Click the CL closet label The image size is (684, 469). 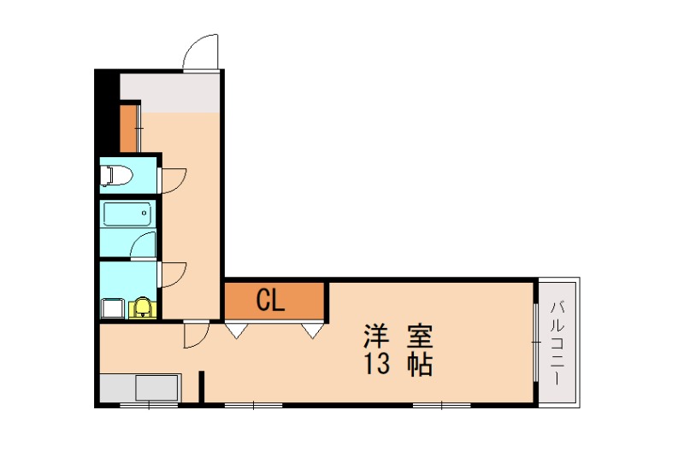271,300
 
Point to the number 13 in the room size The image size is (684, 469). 377,365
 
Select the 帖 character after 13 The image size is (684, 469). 418,365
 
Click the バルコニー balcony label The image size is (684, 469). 557,342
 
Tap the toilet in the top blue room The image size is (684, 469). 117,176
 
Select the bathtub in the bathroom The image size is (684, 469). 127,214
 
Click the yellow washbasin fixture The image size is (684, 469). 142,307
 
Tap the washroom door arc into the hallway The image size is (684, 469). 174,273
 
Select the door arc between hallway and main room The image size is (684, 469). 196,335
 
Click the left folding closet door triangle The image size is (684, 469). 237,329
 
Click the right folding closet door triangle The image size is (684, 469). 312,329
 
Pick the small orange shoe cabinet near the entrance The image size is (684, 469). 128,127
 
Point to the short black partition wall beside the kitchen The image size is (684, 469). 203,385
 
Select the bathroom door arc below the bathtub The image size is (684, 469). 144,244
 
